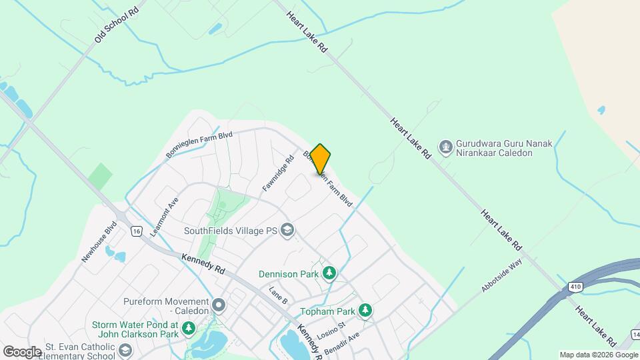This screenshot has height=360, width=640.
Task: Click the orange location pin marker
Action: click(x=320, y=159)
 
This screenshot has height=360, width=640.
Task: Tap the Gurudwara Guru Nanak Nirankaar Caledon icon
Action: click(x=445, y=145)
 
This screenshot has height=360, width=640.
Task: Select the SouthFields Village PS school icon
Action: click(x=287, y=231)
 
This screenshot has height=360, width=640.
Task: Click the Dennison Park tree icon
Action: click(x=329, y=273)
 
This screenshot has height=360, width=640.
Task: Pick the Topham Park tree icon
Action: click(x=365, y=310)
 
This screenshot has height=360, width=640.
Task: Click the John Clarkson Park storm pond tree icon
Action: click(x=189, y=328)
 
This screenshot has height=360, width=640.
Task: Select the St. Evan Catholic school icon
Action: click(x=125, y=350)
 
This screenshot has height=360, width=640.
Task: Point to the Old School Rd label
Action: click(x=117, y=25)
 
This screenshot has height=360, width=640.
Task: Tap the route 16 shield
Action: click(x=136, y=231)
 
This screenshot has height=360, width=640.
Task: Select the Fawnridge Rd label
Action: click(x=278, y=174)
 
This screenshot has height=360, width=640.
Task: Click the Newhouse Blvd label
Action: click(x=99, y=241)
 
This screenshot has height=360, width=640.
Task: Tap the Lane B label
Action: click(x=277, y=295)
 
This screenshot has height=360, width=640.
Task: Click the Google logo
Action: click(x=22, y=351)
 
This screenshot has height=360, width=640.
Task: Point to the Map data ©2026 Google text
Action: click(x=599, y=355)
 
